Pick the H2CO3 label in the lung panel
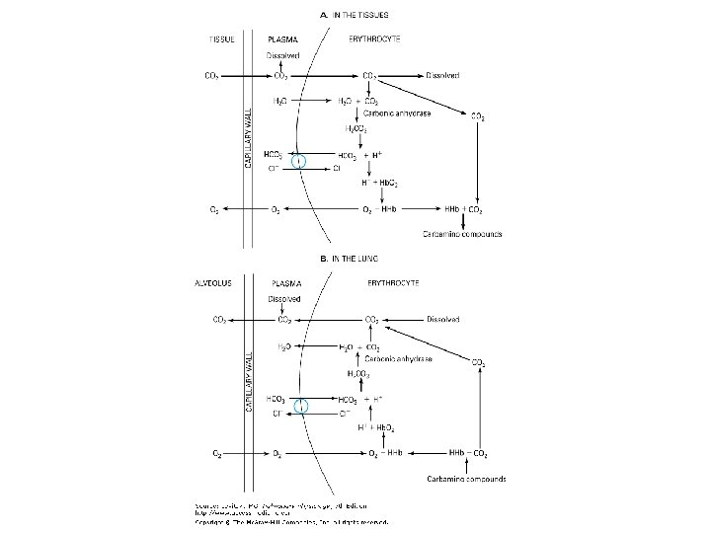pos(358,374)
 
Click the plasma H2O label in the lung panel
pos(284,347)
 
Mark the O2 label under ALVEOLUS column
pos(216,453)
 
